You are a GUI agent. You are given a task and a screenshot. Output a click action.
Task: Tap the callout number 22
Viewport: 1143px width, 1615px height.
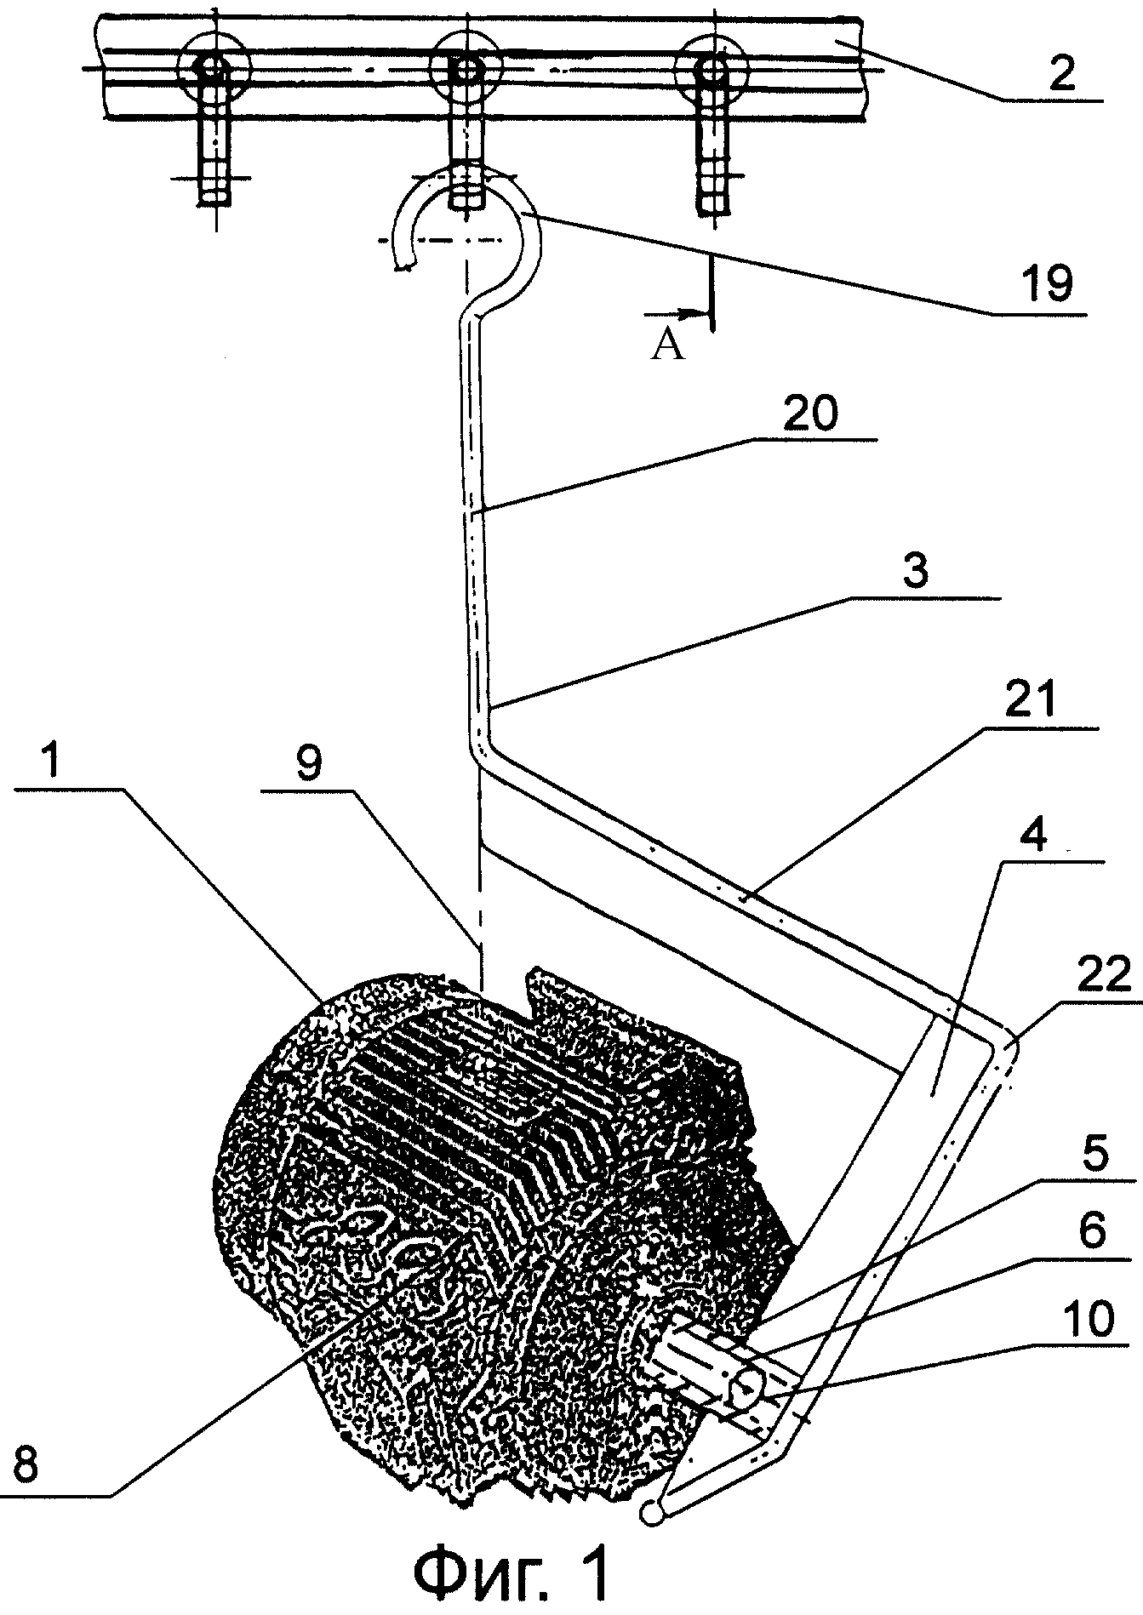(1100, 976)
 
